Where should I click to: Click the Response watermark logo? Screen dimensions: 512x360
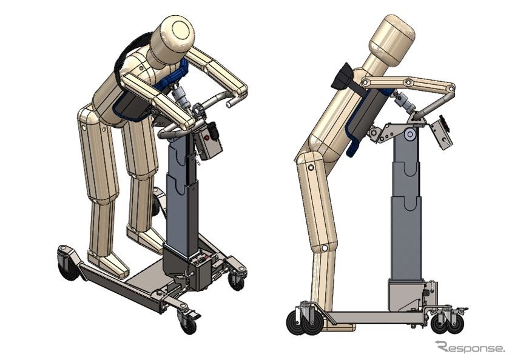coord(470,347)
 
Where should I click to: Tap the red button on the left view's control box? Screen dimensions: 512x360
coord(206,138)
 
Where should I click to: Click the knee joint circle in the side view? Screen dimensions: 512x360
coord(311,168)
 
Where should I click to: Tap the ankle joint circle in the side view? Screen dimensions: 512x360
coord(324,248)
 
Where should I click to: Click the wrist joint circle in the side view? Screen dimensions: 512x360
coord(451,88)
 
